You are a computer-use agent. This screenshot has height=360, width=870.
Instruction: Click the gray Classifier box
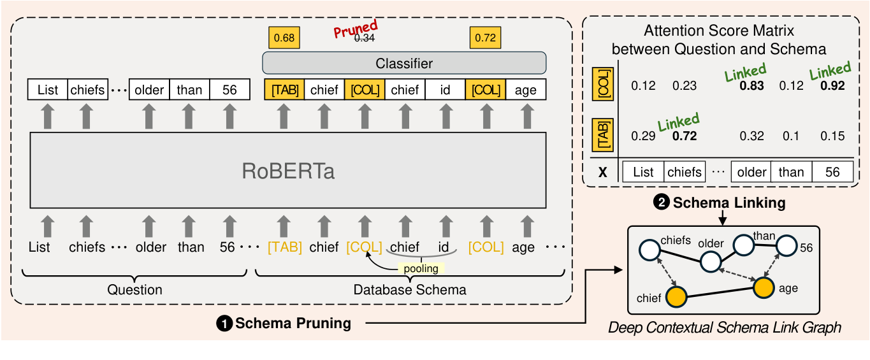click(x=404, y=63)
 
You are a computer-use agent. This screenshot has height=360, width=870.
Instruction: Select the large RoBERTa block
click(x=288, y=170)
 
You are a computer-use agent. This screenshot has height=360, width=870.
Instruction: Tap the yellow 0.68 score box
click(x=284, y=38)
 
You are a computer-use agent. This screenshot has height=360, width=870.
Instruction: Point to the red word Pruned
click(x=356, y=29)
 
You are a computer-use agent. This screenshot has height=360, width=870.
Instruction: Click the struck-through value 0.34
click(x=365, y=38)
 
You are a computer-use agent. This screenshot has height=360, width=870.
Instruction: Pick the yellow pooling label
click(x=421, y=268)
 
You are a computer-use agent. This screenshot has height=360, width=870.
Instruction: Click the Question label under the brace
click(x=134, y=290)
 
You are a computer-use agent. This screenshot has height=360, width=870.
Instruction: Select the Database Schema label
click(x=410, y=290)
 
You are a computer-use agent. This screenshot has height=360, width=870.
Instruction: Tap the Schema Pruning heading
click(x=293, y=324)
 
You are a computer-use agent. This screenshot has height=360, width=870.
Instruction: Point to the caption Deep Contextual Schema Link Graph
click(x=725, y=328)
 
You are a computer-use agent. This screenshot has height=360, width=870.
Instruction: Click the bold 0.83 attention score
click(x=753, y=85)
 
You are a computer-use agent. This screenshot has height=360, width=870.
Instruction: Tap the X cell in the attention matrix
click(x=603, y=172)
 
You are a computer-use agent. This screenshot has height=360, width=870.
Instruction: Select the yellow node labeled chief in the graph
click(x=676, y=297)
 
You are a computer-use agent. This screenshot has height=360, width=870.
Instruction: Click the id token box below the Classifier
click(x=445, y=90)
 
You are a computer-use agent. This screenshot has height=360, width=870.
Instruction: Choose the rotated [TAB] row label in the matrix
click(x=602, y=134)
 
